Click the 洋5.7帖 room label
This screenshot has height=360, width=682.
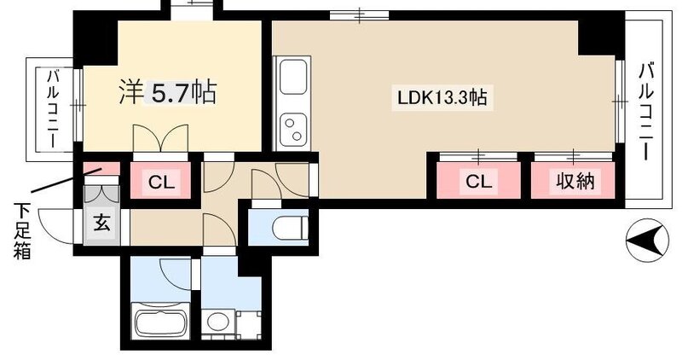point(166,92)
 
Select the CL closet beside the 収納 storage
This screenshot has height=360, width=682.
point(478,181)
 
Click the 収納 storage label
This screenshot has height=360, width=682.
point(575,181)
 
